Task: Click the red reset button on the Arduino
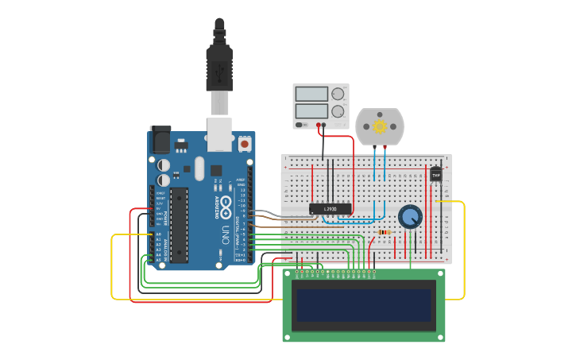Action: tap(245, 145)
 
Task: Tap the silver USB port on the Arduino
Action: tap(219, 134)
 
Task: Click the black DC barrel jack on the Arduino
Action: tap(160, 140)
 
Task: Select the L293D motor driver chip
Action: tap(330, 209)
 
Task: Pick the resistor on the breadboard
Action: tap(385, 232)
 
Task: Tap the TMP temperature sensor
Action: tap(435, 174)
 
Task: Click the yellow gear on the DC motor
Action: tap(380, 126)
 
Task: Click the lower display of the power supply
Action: tap(311, 110)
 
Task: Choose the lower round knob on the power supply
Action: tap(338, 111)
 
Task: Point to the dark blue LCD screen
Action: tap(364, 305)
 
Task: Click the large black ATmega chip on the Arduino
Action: tap(180, 225)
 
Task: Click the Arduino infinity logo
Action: tap(225, 204)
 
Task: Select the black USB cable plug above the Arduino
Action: tap(219, 68)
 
